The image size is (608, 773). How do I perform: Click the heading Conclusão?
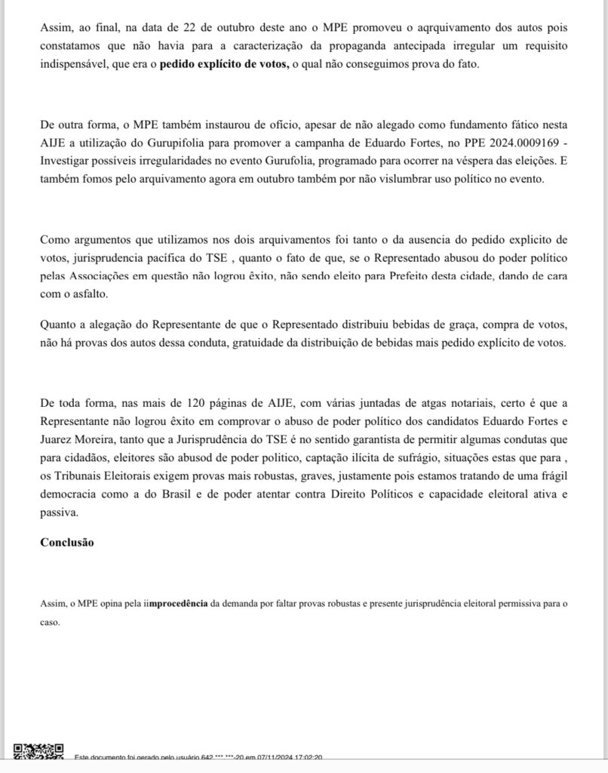click(67, 542)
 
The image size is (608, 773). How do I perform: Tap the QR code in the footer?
click(38, 752)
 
